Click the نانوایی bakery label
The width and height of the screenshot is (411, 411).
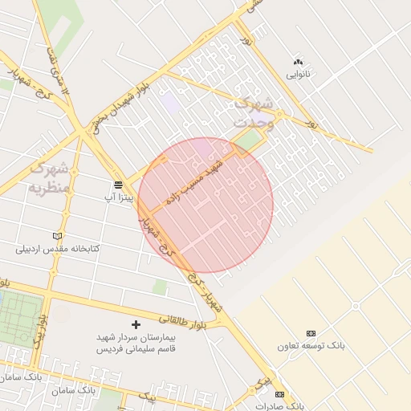click(x=299, y=75)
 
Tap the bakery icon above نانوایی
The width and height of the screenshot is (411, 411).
click(x=299, y=62)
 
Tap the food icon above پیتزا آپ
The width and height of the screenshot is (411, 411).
click(x=118, y=185)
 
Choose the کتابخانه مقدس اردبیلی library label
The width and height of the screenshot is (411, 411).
click(x=58, y=249)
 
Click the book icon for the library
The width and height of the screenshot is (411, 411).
click(x=56, y=236)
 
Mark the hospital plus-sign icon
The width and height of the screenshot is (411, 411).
click(x=135, y=325)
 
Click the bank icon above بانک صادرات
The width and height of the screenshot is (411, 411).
click(x=279, y=394)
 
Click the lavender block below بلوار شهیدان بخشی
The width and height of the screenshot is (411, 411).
click(x=169, y=103)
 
